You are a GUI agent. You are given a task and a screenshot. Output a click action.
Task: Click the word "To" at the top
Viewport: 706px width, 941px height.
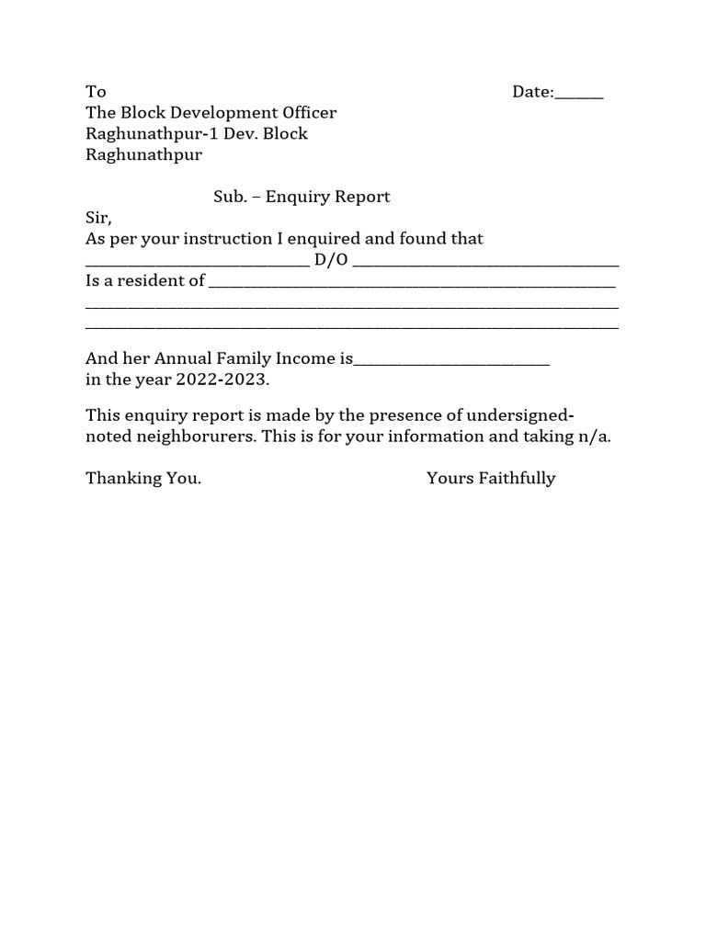[x=96, y=92]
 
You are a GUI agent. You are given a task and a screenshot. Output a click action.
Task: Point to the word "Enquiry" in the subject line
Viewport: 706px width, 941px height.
[x=295, y=197]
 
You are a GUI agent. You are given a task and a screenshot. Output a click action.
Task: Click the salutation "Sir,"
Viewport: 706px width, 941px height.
[x=98, y=218]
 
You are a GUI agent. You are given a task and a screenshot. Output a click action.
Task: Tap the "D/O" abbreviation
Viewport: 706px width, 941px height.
[x=331, y=260]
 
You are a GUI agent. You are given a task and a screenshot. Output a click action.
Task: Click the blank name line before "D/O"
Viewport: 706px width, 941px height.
[x=197, y=264]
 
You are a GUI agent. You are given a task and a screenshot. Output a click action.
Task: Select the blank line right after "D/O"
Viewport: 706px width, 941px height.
[x=485, y=264]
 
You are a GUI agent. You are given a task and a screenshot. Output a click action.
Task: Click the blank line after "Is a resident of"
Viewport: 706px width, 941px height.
[x=412, y=285]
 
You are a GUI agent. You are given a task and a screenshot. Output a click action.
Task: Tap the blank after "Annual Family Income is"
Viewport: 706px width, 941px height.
[x=451, y=363]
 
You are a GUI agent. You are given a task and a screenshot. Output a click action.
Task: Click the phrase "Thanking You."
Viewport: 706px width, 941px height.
[x=143, y=479]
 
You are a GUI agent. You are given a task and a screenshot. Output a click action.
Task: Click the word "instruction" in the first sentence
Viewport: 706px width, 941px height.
[x=230, y=239]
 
